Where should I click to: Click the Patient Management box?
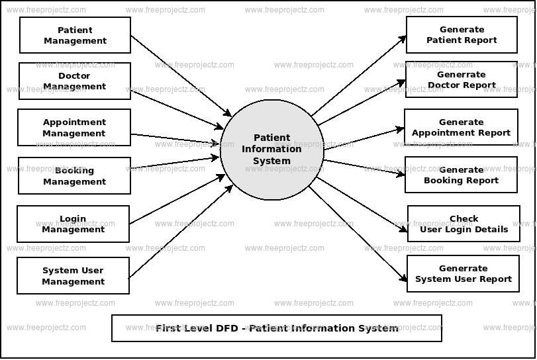[75, 35]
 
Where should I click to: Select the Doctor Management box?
[74, 81]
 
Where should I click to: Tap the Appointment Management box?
[74, 128]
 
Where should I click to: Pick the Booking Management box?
[74, 176]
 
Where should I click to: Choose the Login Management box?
[73, 224]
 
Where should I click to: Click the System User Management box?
[73, 276]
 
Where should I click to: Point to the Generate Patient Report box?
[462, 35]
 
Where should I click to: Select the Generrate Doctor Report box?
[462, 80]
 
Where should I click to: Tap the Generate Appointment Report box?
[461, 128]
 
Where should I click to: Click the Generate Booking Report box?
[461, 175]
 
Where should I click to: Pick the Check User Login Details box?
[464, 224]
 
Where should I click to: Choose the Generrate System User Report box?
[463, 274]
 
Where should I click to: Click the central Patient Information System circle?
[271, 149]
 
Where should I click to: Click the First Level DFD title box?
[277, 328]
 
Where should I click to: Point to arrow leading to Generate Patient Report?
[359, 76]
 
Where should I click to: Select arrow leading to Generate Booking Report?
[364, 167]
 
